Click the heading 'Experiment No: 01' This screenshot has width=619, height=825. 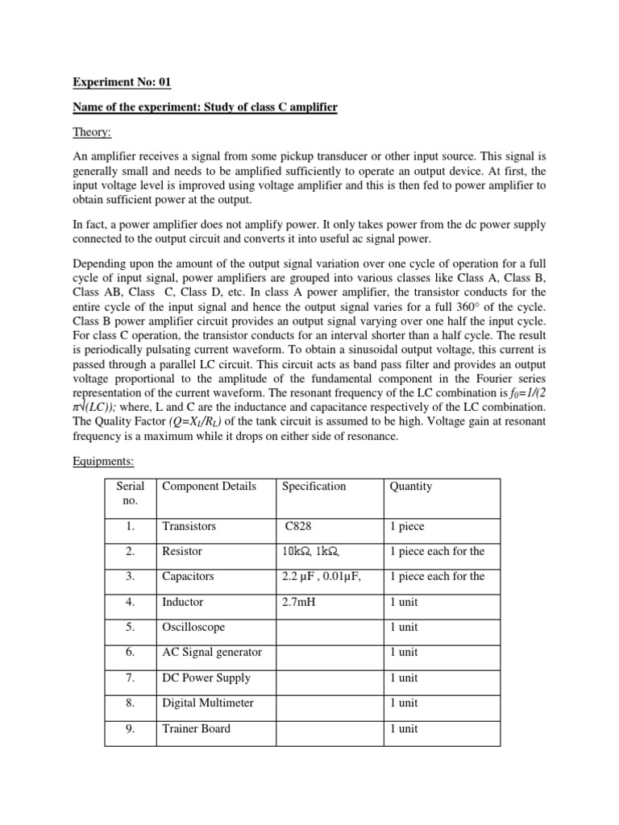click(123, 82)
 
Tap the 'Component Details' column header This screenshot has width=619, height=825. click(209, 486)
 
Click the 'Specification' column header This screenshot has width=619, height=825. click(314, 486)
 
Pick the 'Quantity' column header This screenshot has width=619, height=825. click(410, 486)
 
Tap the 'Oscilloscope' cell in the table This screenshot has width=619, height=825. click(193, 627)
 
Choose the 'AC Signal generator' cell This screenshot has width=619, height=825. click(212, 652)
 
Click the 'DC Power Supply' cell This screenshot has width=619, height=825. click(206, 678)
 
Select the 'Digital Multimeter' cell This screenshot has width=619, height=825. click(208, 703)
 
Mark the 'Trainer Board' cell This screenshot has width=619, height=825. click(196, 728)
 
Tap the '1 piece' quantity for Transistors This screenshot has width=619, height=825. click(407, 526)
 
